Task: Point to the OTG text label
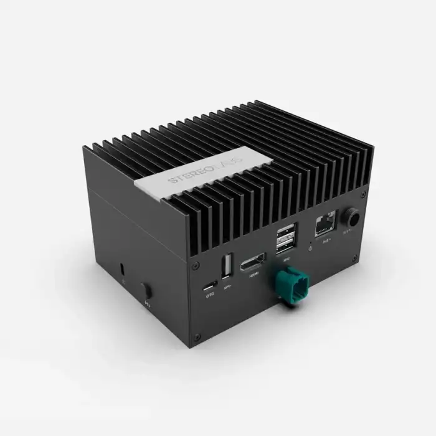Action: (210, 296)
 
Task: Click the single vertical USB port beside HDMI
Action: (228, 264)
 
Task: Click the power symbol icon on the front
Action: (310, 249)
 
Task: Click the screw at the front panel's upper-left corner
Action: (196, 265)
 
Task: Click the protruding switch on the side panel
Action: (146, 291)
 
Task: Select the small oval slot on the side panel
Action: (122, 269)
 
